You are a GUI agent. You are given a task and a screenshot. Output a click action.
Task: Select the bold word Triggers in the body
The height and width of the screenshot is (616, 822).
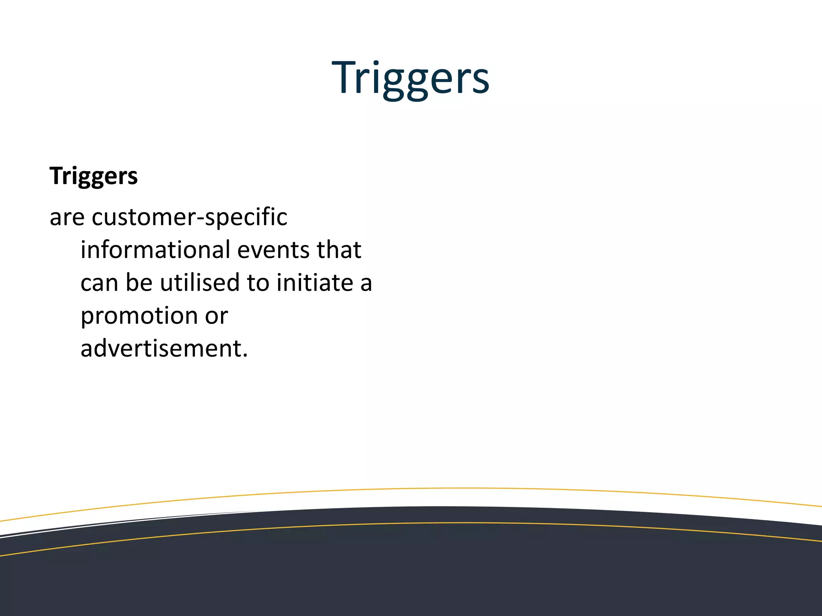[94, 176]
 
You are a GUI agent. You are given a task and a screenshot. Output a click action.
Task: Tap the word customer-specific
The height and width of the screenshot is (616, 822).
[189, 218]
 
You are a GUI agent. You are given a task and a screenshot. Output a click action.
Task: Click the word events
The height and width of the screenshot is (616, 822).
[273, 250]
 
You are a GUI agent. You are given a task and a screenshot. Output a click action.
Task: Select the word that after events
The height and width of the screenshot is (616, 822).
[339, 250]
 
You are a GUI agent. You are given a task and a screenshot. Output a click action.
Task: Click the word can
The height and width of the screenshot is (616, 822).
[99, 283]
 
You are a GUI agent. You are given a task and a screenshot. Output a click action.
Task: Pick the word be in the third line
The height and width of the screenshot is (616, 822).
[139, 283]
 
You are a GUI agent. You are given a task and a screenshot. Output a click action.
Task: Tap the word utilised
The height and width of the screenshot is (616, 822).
[199, 283]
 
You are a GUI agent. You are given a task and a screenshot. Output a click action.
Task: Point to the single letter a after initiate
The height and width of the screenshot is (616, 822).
[366, 284]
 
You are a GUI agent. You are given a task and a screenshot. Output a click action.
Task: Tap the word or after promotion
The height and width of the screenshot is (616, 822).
[216, 316]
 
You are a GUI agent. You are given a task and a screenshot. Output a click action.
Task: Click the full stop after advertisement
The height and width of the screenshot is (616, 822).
[245, 355]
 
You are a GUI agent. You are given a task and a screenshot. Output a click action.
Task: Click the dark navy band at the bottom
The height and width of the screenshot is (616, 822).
[411, 577]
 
